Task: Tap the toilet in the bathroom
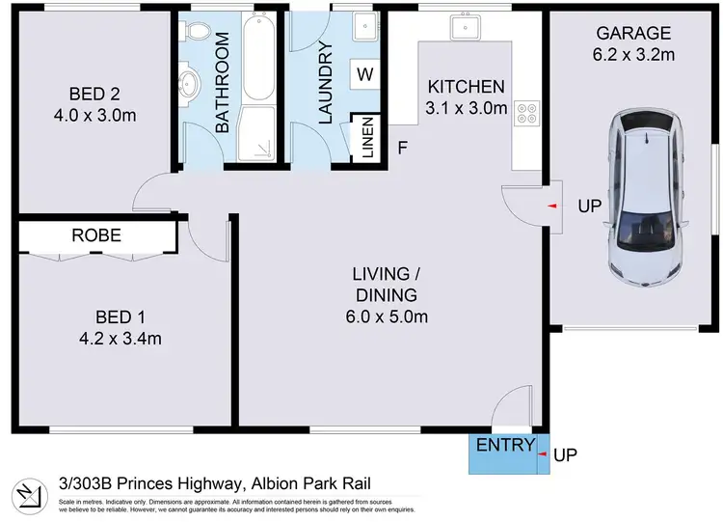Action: (x=198, y=36)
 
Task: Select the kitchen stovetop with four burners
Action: (x=527, y=116)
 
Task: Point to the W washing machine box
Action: (x=364, y=73)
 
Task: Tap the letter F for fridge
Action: (x=402, y=148)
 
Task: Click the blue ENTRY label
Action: (x=505, y=445)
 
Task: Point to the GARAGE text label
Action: (x=632, y=33)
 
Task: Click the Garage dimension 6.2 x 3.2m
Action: (x=632, y=54)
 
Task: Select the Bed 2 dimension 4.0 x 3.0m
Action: (x=94, y=114)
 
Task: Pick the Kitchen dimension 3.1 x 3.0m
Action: (x=467, y=108)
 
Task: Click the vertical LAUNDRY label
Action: (x=325, y=83)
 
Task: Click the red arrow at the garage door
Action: (x=550, y=206)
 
